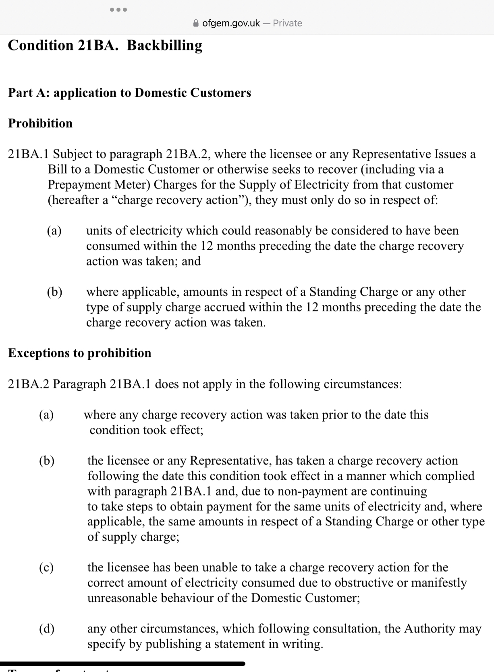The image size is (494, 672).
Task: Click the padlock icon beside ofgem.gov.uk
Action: tap(196, 23)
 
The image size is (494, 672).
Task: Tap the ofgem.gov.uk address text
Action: tap(231, 23)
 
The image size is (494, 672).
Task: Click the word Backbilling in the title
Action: tap(164, 45)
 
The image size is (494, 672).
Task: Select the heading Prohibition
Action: tap(40, 123)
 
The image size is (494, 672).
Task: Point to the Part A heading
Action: tap(129, 93)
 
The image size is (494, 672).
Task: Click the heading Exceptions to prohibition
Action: tap(80, 353)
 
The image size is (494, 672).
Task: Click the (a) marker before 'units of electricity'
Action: tap(54, 230)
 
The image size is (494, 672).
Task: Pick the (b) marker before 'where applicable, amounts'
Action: tap(54, 292)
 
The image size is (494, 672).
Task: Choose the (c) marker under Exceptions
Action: tap(46, 567)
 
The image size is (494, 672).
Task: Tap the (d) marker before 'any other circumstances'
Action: tap(47, 628)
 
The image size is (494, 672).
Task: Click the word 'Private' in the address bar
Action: tap(287, 23)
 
